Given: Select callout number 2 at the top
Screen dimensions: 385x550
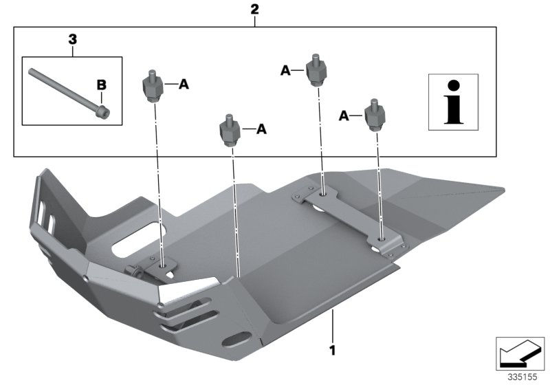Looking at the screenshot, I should (x=254, y=10).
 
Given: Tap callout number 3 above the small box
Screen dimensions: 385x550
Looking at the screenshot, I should (x=72, y=41).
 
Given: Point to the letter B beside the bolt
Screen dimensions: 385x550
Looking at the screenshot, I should (x=101, y=85).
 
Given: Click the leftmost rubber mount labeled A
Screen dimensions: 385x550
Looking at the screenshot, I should (x=153, y=86).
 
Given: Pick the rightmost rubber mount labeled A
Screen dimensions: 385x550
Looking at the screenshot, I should (x=374, y=115).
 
